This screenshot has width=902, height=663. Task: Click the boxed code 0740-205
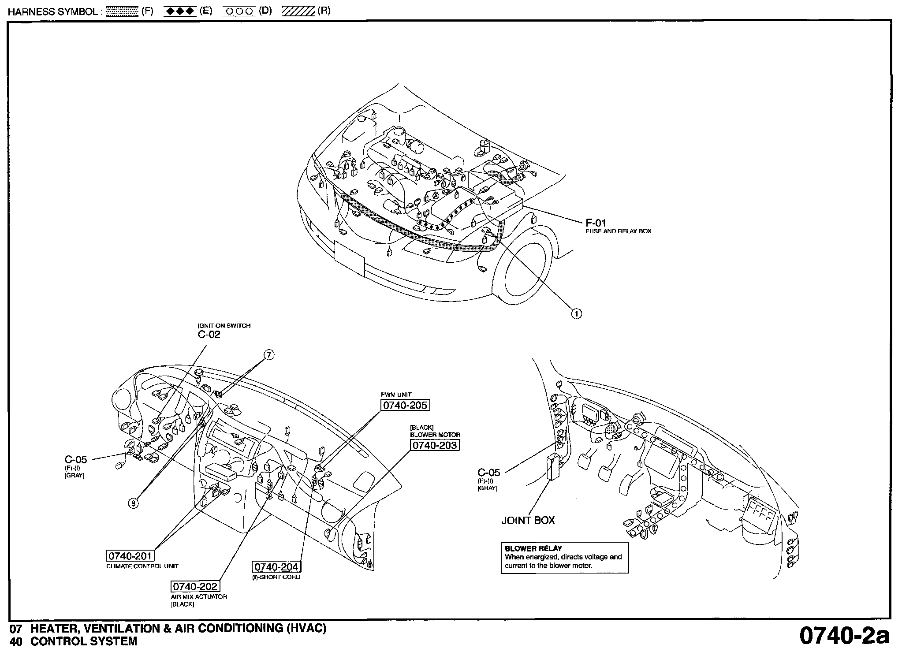405,405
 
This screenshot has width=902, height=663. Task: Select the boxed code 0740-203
435,445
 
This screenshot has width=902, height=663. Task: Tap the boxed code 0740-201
130,556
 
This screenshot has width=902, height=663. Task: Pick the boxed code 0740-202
194,586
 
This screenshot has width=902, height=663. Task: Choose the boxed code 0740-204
276,567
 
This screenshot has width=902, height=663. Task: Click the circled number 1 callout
576,313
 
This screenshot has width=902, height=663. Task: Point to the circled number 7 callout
269,354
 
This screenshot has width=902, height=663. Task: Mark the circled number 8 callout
133,503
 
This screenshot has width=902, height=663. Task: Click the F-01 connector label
596,223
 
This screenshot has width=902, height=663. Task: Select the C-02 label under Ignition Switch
209,335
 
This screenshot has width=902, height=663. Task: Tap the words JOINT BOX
528,520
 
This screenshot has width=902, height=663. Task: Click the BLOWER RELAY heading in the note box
533,548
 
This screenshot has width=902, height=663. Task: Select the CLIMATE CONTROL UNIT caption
142,566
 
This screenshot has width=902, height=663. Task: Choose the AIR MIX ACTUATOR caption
199,596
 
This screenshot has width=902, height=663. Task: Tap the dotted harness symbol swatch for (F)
122,11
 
